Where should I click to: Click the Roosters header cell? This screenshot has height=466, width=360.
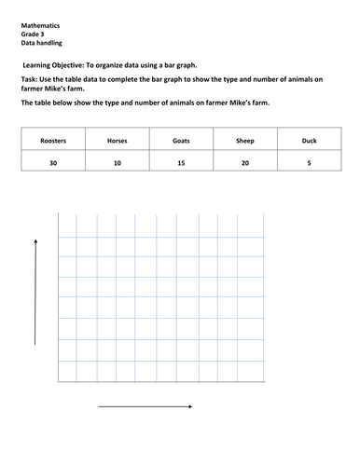point(53,141)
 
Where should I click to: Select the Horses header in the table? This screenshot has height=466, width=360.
point(118,141)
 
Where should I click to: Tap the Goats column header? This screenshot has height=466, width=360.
point(182,141)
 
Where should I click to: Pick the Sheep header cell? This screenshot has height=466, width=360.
point(245,141)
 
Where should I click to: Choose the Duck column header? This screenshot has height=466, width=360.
point(310,141)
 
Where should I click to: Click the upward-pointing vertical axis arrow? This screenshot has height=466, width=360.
point(35,291)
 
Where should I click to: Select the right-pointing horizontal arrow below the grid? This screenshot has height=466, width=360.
point(145,406)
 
